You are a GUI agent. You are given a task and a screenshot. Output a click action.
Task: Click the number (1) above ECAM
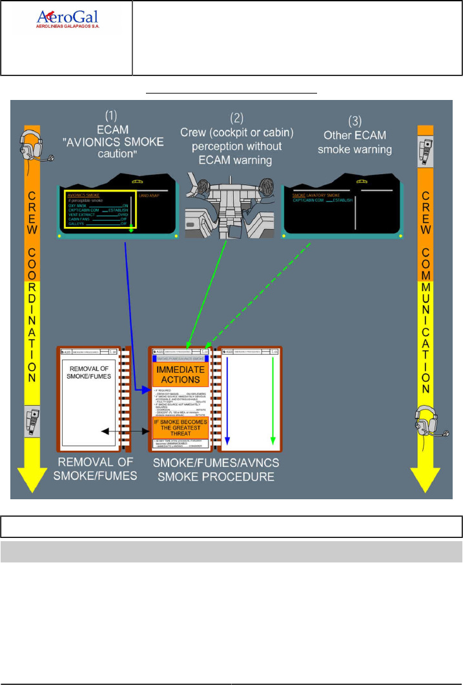coord(111,117)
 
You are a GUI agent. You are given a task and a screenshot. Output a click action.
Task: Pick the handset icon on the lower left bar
coord(32,424)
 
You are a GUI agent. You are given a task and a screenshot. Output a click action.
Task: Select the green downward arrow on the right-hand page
coord(274,400)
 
